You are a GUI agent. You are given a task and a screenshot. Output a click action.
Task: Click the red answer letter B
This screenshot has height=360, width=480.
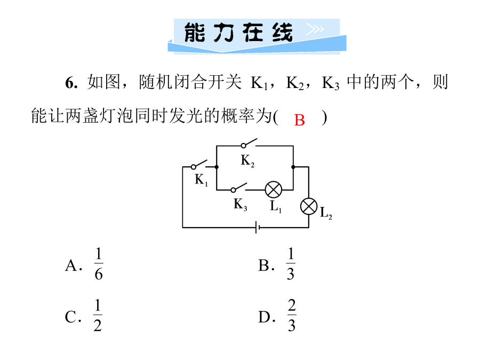click(299, 120)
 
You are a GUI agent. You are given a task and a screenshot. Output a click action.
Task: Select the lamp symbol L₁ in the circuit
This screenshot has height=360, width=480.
click(274, 190)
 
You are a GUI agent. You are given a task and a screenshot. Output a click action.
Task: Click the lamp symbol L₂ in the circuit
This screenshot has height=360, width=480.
click(309, 206)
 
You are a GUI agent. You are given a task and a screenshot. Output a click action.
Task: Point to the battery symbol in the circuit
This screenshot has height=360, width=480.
click(258, 227)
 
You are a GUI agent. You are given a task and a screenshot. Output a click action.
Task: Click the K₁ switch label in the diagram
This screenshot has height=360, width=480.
click(202, 180)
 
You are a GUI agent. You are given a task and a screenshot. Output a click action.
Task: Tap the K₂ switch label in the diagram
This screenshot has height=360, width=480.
click(247, 160)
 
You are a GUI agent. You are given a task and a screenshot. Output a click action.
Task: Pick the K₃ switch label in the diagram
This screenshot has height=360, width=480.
click(241, 204)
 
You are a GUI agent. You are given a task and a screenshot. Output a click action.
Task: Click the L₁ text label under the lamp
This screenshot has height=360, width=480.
click(276, 206)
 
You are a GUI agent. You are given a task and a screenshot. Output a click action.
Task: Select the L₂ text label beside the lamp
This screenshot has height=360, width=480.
click(326, 212)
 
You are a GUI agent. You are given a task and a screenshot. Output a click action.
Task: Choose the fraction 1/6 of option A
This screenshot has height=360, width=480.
click(98, 263)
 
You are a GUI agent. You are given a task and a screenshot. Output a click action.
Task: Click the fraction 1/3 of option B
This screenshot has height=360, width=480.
click(291, 263)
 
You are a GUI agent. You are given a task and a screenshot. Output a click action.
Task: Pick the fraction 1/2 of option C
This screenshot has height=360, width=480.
click(98, 315)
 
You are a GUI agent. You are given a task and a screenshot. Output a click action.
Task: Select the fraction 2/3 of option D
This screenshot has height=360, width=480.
click(291, 315)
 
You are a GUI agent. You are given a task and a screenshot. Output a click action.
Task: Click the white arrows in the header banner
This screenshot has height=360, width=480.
click(315, 29)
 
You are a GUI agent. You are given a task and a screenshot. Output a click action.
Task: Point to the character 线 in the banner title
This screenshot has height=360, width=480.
click(282, 33)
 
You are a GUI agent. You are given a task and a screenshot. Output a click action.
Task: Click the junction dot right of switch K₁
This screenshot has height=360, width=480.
click(217, 167)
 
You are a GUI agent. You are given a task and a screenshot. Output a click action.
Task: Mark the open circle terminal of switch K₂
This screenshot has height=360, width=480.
click(243, 146)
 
